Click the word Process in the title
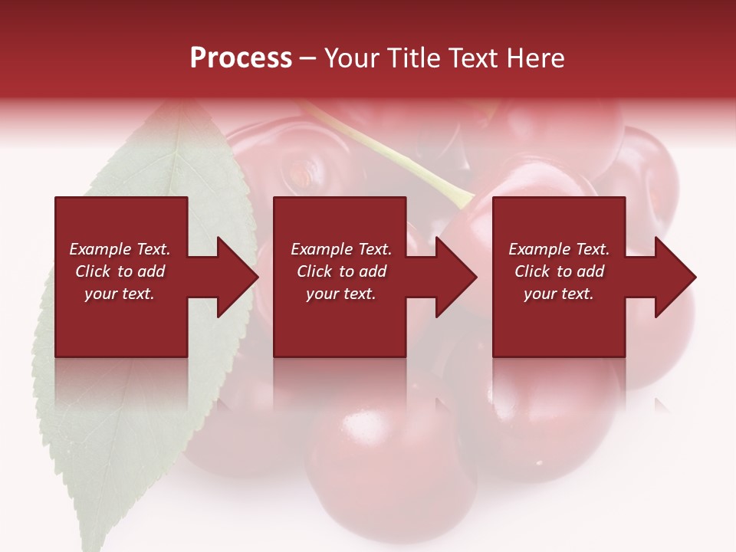point(241,58)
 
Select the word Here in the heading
point(536,58)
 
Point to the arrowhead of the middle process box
point(455,277)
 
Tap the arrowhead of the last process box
point(674,277)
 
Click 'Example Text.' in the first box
point(120,249)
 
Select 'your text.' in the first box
point(120,294)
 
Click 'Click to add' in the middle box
point(341,271)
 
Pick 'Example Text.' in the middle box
point(341,249)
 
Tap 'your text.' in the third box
point(559,294)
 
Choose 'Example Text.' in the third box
point(559,249)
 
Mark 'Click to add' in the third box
point(559,271)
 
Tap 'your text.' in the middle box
point(341,294)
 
